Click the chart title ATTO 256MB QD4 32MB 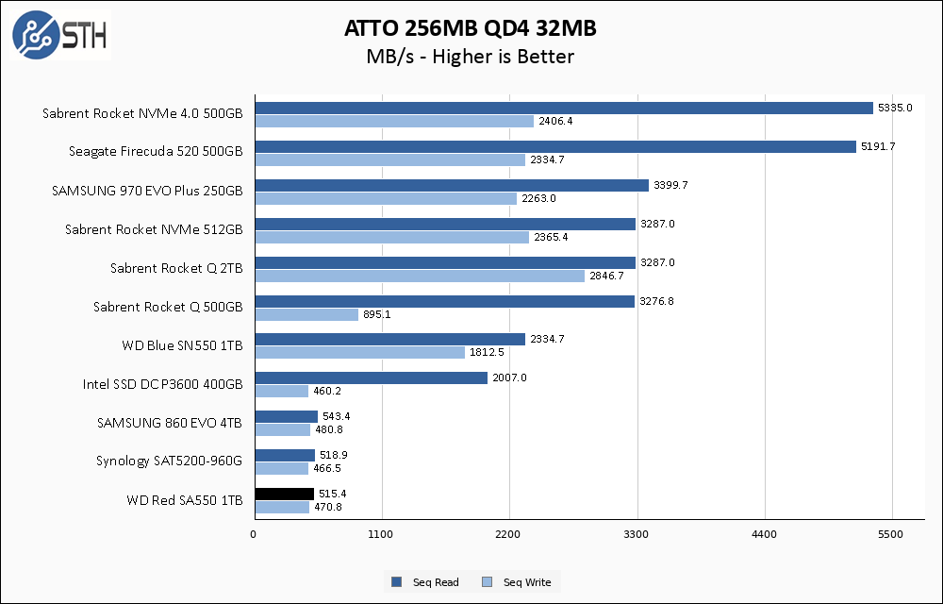pyautogui.click(x=471, y=29)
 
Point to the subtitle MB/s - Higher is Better pyautogui.click(x=471, y=57)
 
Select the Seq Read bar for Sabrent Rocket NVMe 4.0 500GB pyautogui.click(x=564, y=108)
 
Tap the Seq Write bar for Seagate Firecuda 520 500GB pyautogui.click(x=389, y=159)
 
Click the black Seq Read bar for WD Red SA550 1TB pyautogui.click(x=284, y=494)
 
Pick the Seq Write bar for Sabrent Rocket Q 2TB pyautogui.click(x=420, y=276)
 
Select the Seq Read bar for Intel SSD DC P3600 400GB pyautogui.click(x=371, y=377)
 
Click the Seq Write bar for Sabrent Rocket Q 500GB pyautogui.click(x=306, y=314)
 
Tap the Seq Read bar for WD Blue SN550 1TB pyautogui.click(x=389, y=339)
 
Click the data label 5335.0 pyautogui.click(x=894, y=108)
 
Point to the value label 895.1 pyautogui.click(x=376, y=314)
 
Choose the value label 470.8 pyautogui.click(x=327, y=507)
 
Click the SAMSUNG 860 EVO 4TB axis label pyautogui.click(x=170, y=423)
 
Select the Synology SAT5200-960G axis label pyautogui.click(x=170, y=461)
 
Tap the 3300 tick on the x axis pyautogui.click(x=637, y=535)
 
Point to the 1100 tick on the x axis pyautogui.click(x=381, y=535)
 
